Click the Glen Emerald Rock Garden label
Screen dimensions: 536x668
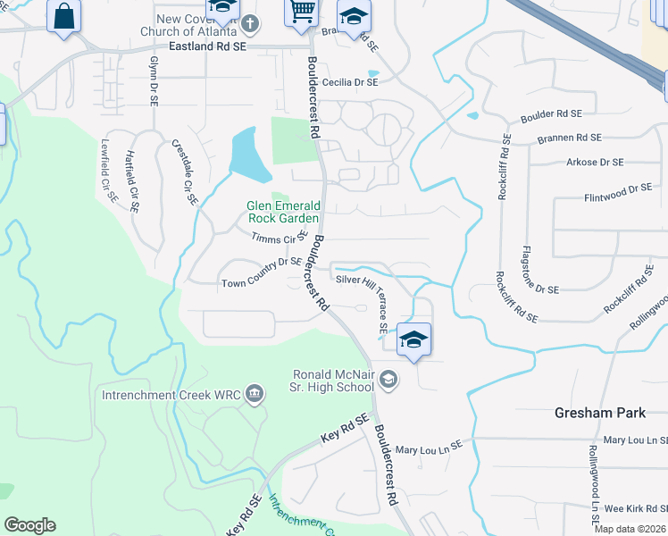point(282,212)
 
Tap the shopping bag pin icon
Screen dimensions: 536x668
point(63,16)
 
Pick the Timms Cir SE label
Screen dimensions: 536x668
point(280,239)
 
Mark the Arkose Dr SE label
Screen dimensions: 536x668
point(594,163)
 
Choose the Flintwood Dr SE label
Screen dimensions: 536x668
point(618,189)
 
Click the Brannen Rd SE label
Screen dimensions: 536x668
point(569,138)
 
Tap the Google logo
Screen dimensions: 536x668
point(29,525)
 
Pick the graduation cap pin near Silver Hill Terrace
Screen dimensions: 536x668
point(413,339)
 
